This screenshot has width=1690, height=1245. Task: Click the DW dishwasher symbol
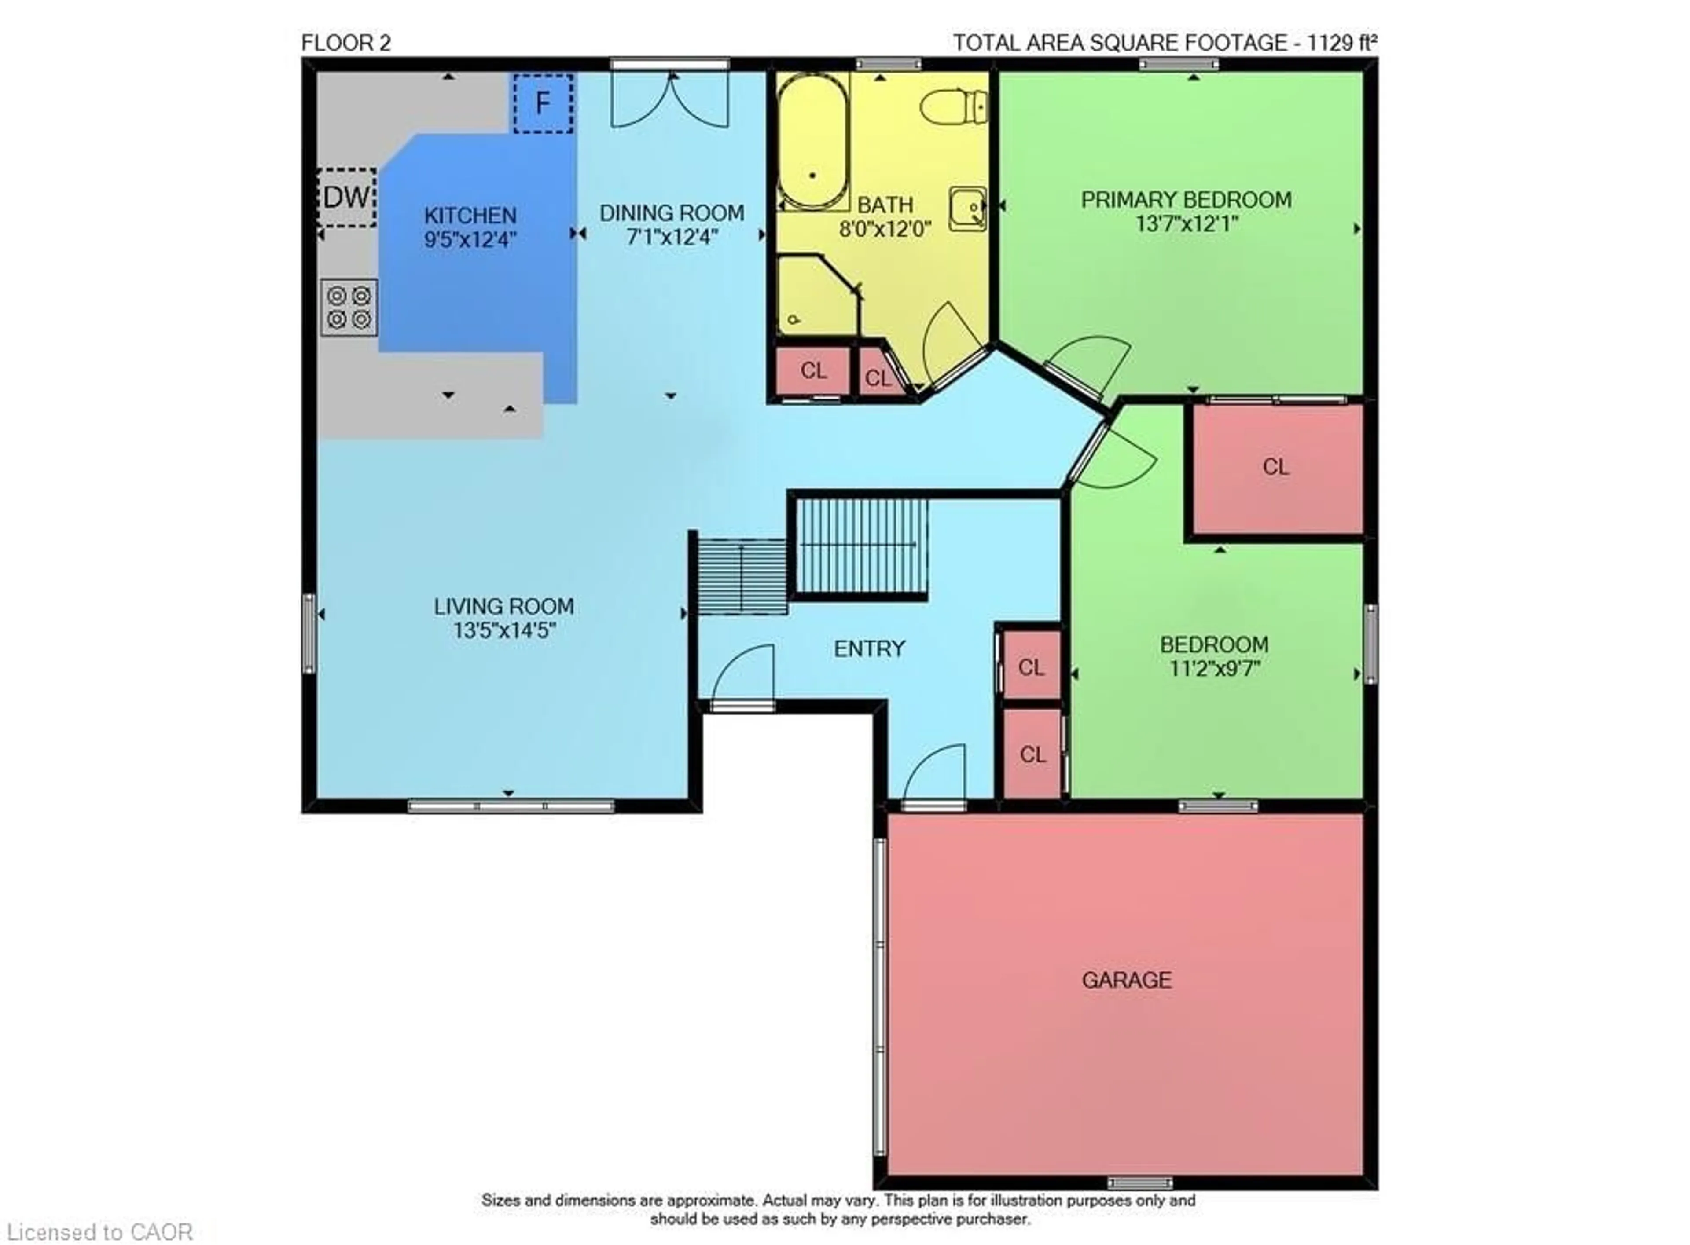click(x=347, y=198)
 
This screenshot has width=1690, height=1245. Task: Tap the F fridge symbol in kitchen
click(x=543, y=103)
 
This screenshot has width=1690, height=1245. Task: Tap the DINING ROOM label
click(x=672, y=213)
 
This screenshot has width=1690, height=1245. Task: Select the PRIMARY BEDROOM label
click(x=1186, y=200)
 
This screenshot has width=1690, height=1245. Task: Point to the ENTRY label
click(x=869, y=649)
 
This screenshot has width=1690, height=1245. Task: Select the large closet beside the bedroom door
click(x=1275, y=467)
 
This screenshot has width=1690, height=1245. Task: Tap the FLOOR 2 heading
click(x=346, y=43)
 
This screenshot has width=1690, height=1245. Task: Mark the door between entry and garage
click(x=933, y=776)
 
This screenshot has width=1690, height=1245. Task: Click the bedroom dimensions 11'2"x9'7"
click(x=1214, y=668)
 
